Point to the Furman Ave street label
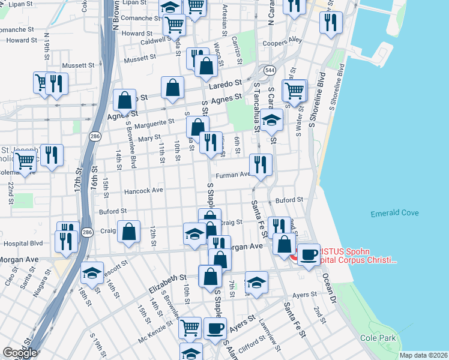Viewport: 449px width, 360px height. click(237, 175)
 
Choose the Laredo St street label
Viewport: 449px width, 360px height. click(225, 84)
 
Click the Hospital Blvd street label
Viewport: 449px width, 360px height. click(23, 244)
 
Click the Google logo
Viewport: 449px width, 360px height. click(20, 352)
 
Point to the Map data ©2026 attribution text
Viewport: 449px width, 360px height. click(423, 355)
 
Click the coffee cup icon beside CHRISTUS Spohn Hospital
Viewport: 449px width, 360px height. click(309, 255)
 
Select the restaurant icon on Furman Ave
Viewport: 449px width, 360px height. click(261, 164)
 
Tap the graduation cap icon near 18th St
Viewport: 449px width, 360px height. click(92, 274)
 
